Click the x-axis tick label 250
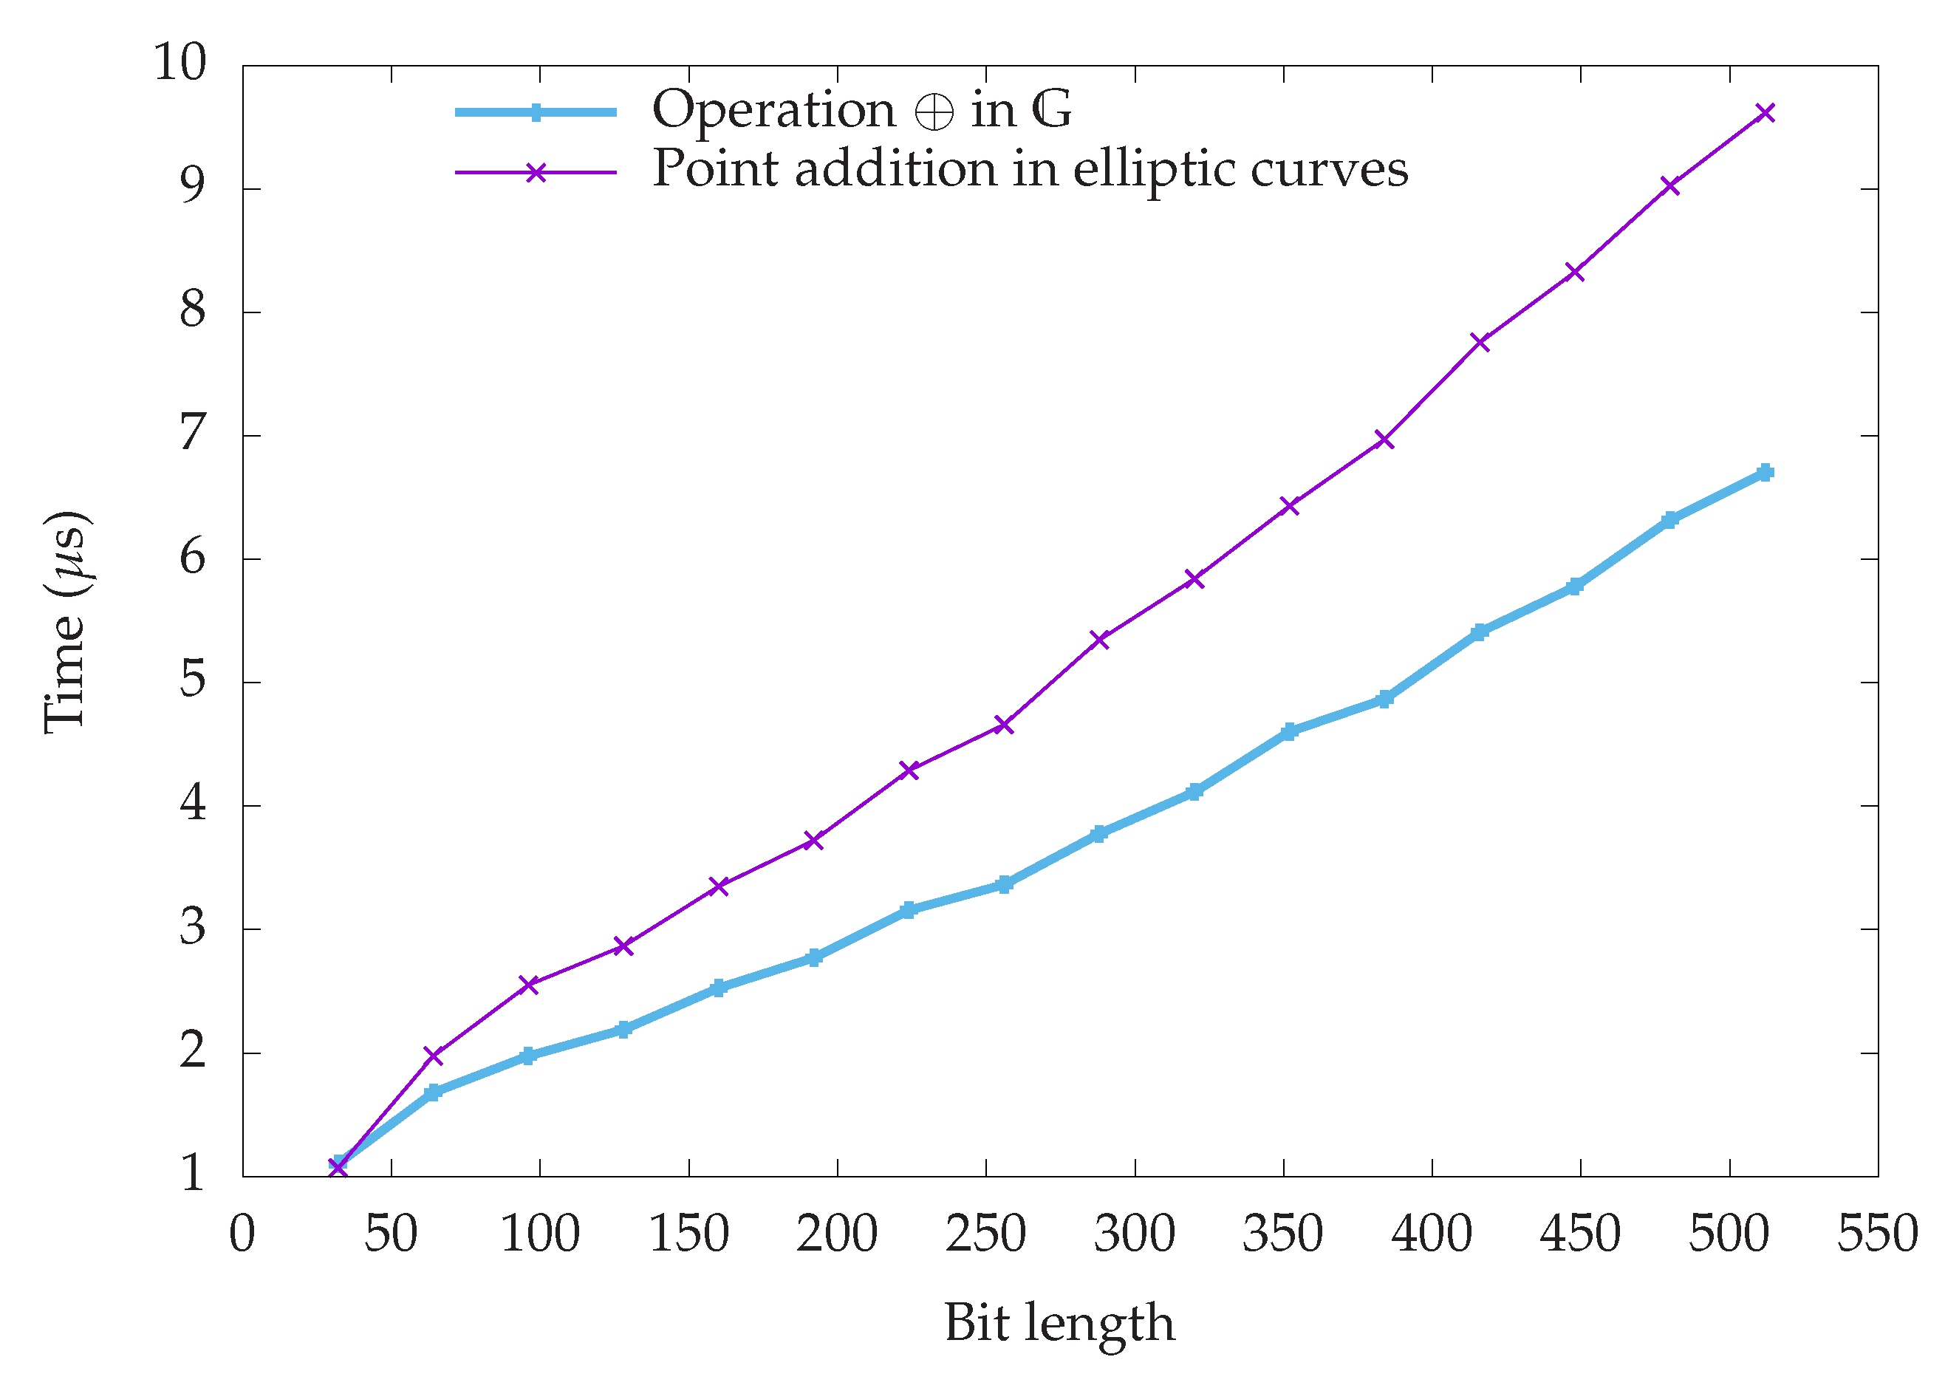(985, 1234)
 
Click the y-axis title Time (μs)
(66, 621)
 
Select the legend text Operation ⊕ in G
(861, 110)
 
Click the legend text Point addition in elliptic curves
(1030, 168)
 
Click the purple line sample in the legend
(535, 173)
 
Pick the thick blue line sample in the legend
(535, 113)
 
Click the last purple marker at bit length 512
(1765, 113)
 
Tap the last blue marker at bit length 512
(1765, 473)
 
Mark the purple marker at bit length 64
(434, 1056)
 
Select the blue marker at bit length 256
(1004, 885)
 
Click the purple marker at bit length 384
(1385, 440)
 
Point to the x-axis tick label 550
(1878, 1234)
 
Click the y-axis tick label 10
(180, 62)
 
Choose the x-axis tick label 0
(243, 1234)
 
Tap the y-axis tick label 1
(192, 1174)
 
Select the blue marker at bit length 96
(528, 1056)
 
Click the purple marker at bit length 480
(1669, 185)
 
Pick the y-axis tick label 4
(192, 804)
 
